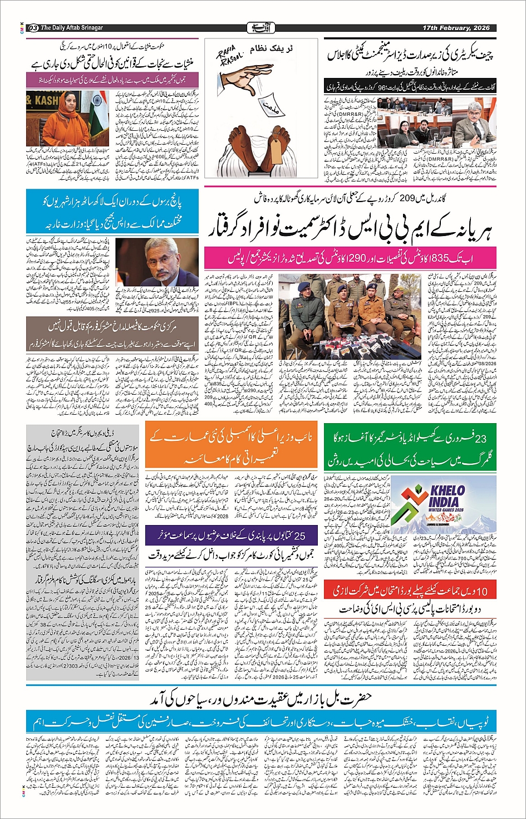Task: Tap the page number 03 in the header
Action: [x=33, y=28]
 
